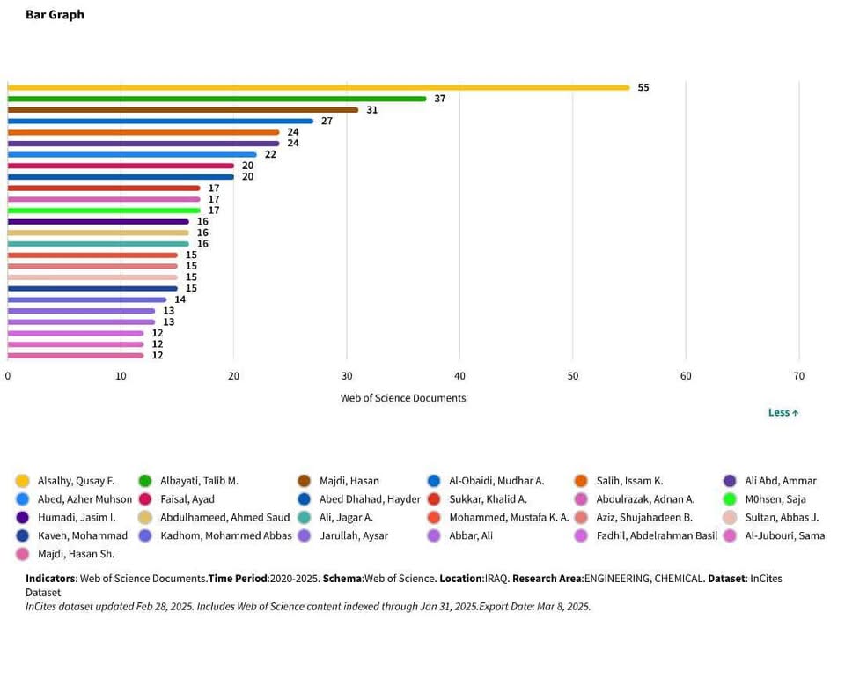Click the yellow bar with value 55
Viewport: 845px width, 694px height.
pos(318,87)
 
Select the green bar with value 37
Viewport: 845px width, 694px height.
pos(217,99)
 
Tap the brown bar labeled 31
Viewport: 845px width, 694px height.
pos(182,110)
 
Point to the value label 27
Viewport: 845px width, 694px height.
pos(327,121)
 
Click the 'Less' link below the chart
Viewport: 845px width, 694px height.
pos(783,412)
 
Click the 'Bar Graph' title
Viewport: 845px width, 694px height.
pos(55,15)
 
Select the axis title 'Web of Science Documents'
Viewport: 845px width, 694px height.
pos(403,398)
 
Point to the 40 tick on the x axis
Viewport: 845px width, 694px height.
pos(459,376)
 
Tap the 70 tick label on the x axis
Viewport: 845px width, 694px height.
pos(798,376)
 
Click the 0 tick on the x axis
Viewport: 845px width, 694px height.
pos(8,376)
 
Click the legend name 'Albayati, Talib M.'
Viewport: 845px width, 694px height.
pos(199,481)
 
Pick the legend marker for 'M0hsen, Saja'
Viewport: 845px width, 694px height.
pos(730,499)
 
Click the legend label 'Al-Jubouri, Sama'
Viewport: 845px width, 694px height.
pos(784,535)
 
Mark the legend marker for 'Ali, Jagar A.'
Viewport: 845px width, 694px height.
pos(305,517)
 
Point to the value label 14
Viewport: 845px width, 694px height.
pos(180,299)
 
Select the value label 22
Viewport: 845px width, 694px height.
pos(270,154)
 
